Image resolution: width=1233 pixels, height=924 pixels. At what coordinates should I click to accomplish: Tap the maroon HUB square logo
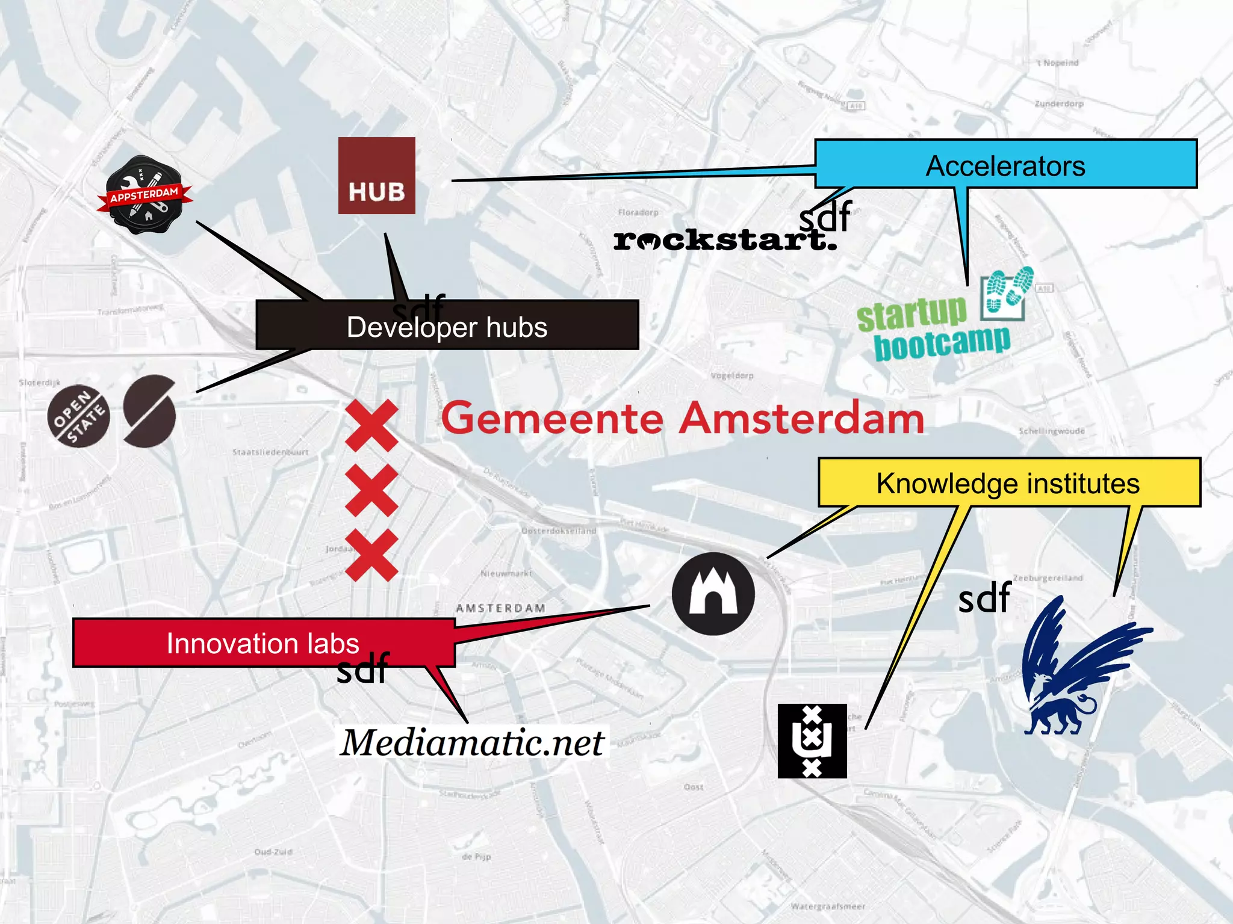[376, 176]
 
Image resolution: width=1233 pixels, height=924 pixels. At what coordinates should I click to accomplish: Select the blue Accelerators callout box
[1005, 164]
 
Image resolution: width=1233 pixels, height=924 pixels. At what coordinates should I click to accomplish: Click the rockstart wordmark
[722, 241]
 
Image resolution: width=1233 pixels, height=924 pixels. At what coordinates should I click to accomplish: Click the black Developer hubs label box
[447, 325]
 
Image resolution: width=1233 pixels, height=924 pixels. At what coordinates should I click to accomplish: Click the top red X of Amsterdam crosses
[371, 425]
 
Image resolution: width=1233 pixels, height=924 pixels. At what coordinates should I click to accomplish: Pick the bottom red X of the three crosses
[371, 555]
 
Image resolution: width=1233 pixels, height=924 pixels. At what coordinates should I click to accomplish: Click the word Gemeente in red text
[552, 418]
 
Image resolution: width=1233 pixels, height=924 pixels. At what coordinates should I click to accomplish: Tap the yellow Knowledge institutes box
[1008, 482]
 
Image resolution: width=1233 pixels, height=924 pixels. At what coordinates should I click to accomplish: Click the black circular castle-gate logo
[713, 594]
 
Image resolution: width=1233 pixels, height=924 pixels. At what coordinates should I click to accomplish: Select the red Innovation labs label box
[263, 642]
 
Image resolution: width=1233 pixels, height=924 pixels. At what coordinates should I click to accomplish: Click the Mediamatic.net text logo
[473, 742]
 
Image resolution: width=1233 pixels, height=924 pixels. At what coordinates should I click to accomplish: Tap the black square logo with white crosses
[812, 741]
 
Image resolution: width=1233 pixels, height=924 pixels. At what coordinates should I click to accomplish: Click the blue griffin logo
[1078, 668]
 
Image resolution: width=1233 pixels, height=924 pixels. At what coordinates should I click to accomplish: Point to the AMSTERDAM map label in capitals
[500, 608]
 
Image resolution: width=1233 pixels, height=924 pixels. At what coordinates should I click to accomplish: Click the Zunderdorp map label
[1059, 104]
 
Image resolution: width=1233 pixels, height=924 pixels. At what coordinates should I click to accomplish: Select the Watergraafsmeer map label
[828, 906]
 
